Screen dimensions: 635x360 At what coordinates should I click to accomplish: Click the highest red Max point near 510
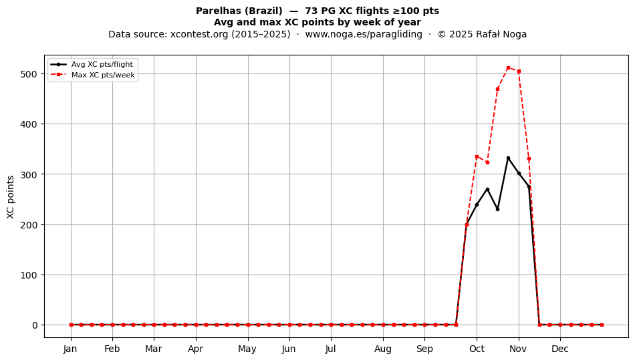tap(508, 68)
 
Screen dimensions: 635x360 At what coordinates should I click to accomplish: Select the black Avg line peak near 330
tap(508, 158)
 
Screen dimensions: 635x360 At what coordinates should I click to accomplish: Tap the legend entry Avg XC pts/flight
tap(102, 64)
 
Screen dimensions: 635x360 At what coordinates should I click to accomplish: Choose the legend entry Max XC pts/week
tap(103, 75)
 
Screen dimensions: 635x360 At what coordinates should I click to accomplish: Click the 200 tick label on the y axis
tap(28, 224)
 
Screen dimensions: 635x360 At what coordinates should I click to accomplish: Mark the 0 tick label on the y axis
tap(34, 325)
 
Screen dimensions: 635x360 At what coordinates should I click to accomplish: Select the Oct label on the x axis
tap(477, 349)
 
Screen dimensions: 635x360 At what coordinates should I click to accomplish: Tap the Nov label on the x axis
tap(519, 349)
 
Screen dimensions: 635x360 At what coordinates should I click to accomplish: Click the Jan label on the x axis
tap(70, 349)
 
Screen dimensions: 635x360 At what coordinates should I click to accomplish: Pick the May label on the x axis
tap(247, 349)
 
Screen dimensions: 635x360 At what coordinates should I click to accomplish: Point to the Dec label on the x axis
tap(560, 349)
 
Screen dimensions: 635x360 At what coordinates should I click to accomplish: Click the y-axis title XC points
tap(11, 197)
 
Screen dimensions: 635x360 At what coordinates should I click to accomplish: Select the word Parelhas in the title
tap(219, 11)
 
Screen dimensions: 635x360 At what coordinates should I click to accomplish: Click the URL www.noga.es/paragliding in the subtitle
tap(364, 34)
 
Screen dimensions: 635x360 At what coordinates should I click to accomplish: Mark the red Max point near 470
tap(498, 89)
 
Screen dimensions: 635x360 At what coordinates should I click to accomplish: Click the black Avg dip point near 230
tap(498, 209)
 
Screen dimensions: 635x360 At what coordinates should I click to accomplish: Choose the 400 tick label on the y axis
tap(28, 124)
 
